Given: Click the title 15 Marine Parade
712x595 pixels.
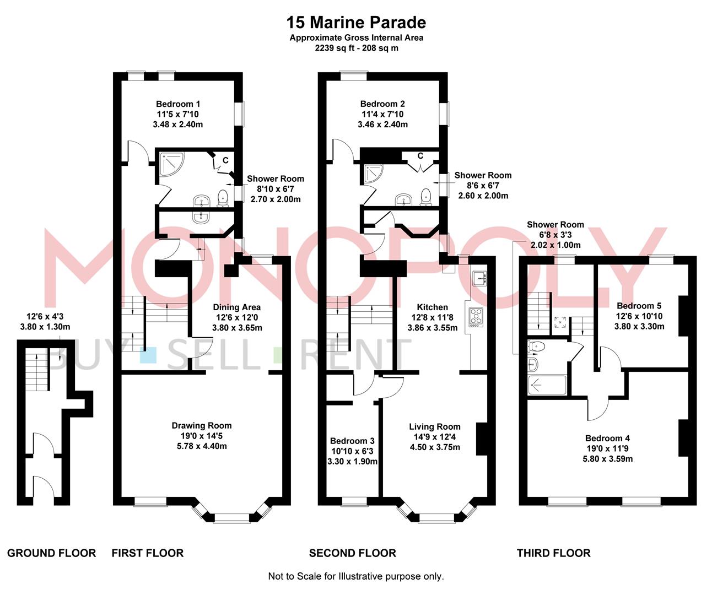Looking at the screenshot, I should click(356, 23).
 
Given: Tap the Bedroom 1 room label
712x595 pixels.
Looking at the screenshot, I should click(177, 104).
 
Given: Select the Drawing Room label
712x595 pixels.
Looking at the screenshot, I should click(201, 425).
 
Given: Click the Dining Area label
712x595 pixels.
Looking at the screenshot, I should click(237, 307).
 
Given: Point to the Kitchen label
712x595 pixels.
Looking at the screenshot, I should click(432, 307).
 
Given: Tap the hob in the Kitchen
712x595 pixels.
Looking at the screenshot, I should click(475, 317).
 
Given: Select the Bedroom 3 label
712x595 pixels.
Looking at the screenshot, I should click(352, 441).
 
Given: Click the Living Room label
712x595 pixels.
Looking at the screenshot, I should click(434, 426).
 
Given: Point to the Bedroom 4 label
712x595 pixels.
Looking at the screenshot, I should click(607, 439).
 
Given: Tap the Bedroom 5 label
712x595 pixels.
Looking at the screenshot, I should click(639, 306).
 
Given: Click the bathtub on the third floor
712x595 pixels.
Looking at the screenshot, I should click(547, 385).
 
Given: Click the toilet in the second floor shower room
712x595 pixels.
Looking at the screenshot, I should click(426, 197).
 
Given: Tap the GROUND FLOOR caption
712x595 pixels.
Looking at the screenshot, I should click(51, 553).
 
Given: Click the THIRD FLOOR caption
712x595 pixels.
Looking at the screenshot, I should click(553, 553).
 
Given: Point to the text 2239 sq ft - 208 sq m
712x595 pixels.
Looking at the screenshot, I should click(356, 48).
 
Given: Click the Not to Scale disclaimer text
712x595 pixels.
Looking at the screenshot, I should click(355, 576).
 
